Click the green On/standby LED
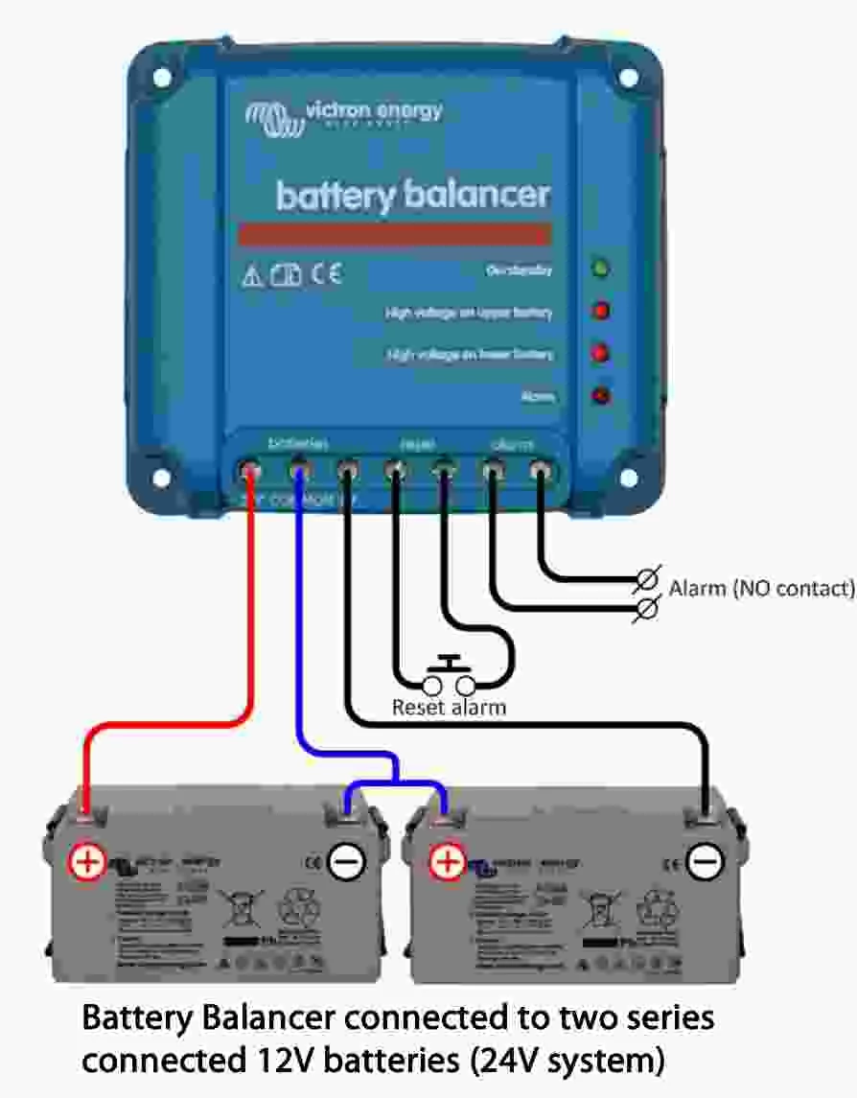coord(601,269)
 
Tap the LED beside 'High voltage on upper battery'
coord(601,311)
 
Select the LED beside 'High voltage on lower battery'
coord(601,353)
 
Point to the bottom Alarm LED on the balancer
coord(601,394)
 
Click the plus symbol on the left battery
coord(86,861)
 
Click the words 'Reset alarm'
coord(449,709)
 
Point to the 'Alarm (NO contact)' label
coord(761,588)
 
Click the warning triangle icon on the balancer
coord(252,277)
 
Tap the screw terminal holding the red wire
coord(251,470)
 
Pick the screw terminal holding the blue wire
coord(299,470)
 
